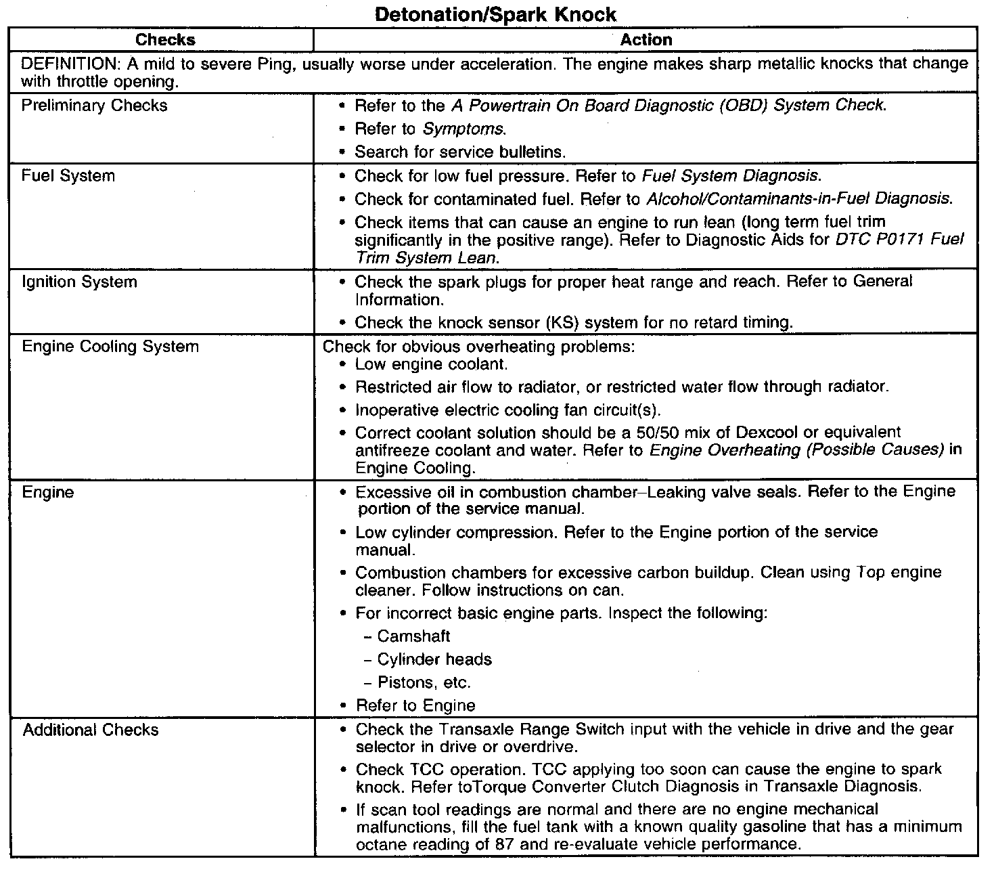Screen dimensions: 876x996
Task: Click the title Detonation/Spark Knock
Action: [x=495, y=14]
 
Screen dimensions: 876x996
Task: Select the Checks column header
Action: [x=165, y=40]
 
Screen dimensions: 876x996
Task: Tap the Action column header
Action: [x=646, y=40]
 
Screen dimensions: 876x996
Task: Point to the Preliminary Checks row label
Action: [x=94, y=106]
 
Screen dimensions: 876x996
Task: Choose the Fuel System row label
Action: [x=68, y=176]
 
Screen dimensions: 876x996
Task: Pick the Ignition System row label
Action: [x=79, y=282]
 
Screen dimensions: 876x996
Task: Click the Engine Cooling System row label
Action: [x=110, y=347]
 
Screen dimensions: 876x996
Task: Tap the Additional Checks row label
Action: [x=91, y=730]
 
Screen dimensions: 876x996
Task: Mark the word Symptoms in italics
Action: [x=463, y=129]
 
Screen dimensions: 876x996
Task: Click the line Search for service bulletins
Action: [x=460, y=152]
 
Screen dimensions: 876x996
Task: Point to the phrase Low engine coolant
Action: [x=431, y=364]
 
